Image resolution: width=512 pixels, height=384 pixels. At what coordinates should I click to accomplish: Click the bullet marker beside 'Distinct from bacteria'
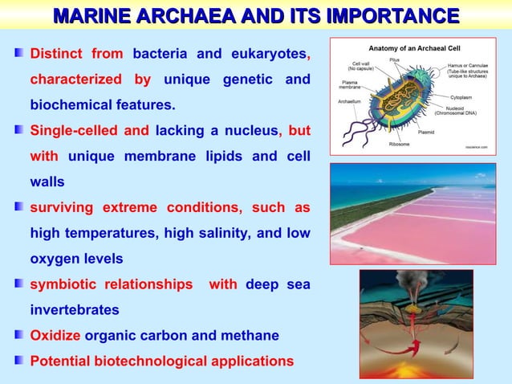coord(18,55)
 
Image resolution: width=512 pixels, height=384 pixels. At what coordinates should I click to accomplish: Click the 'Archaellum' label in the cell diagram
coord(350,102)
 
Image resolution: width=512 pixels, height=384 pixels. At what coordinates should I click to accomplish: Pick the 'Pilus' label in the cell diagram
coord(395,59)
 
